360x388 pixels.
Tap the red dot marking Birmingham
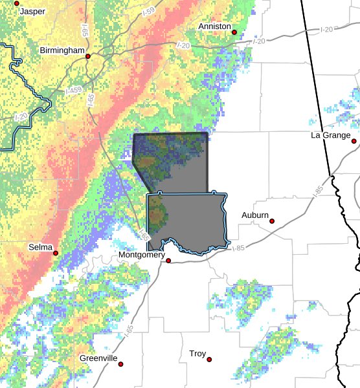(88, 56)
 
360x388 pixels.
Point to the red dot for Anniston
(234, 32)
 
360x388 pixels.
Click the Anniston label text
(214, 26)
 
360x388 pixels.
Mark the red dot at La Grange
(354, 140)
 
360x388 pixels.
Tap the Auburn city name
(254, 215)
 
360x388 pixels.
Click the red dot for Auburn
(272, 221)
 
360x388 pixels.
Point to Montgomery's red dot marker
(168, 261)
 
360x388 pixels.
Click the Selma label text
(40, 247)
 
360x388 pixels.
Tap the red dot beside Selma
(56, 253)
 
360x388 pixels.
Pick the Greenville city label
(98, 358)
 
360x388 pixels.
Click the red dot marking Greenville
(120, 363)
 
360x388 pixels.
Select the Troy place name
(197, 354)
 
